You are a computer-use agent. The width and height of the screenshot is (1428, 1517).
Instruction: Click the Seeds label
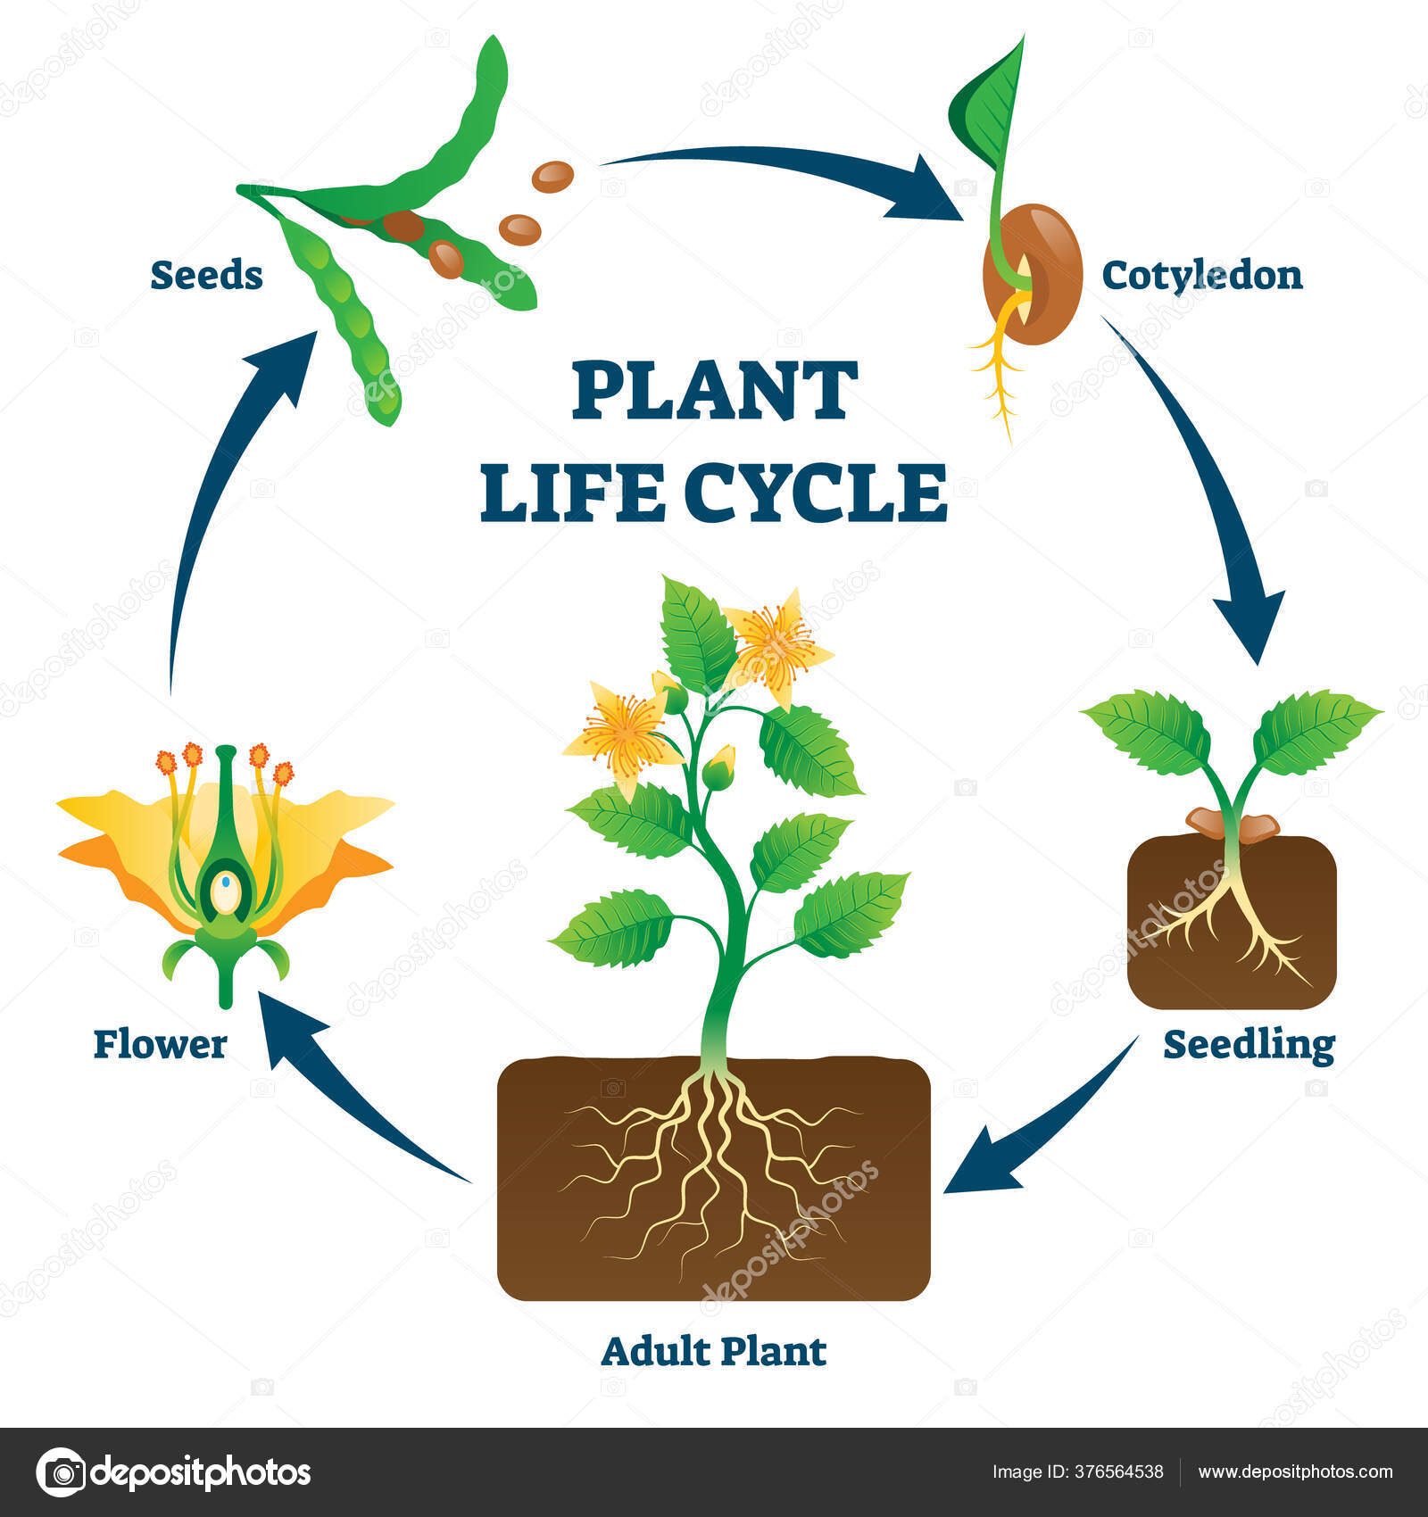point(206,275)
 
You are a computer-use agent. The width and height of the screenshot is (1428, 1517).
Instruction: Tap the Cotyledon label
point(1202,275)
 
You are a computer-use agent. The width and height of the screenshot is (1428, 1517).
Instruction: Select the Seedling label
point(1249,1045)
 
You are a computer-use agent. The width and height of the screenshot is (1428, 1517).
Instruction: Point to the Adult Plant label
point(714,1351)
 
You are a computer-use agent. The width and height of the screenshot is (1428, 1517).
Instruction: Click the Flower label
point(161,1044)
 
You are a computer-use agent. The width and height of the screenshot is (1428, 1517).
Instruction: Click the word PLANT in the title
point(714,390)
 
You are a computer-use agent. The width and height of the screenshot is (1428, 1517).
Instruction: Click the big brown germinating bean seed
point(1034,273)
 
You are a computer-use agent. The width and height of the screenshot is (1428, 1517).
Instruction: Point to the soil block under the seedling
point(1232,922)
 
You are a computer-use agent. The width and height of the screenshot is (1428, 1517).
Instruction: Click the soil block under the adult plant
point(714,1178)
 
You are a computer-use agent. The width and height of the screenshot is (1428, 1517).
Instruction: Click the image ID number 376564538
point(1123,1471)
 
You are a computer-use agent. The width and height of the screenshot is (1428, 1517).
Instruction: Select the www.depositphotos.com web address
point(1295,1471)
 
